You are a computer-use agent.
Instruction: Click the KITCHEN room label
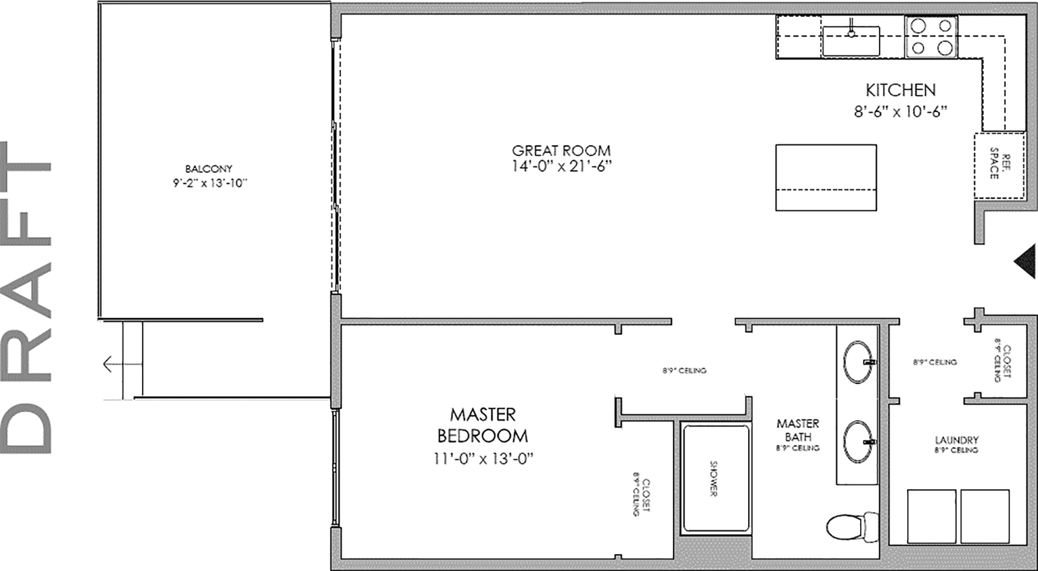click(x=900, y=90)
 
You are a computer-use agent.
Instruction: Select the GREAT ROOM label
click(x=561, y=151)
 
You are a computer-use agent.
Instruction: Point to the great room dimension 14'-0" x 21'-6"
click(x=561, y=166)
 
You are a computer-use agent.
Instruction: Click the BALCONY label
click(x=209, y=169)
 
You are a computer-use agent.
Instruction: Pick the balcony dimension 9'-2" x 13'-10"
click(x=209, y=184)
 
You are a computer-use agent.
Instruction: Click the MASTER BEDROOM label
click(x=483, y=425)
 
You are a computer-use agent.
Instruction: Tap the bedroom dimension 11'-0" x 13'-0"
click(x=483, y=460)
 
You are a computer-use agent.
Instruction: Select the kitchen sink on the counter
click(x=850, y=41)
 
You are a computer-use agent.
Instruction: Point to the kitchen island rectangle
click(x=826, y=177)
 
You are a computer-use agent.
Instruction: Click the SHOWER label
click(x=714, y=479)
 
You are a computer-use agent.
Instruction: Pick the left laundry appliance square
click(x=932, y=516)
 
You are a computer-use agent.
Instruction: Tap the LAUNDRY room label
click(x=956, y=441)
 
